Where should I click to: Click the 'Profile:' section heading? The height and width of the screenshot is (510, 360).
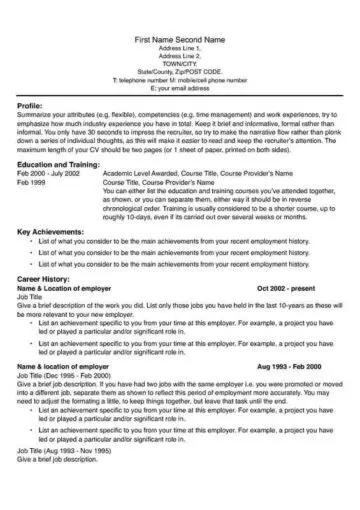(x=30, y=105)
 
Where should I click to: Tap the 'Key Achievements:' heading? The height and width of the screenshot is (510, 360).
(x=49, y=232)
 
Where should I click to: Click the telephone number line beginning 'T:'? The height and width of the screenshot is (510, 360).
(x=180, y=75)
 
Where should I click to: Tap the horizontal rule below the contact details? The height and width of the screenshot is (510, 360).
(x=180, y=93)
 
